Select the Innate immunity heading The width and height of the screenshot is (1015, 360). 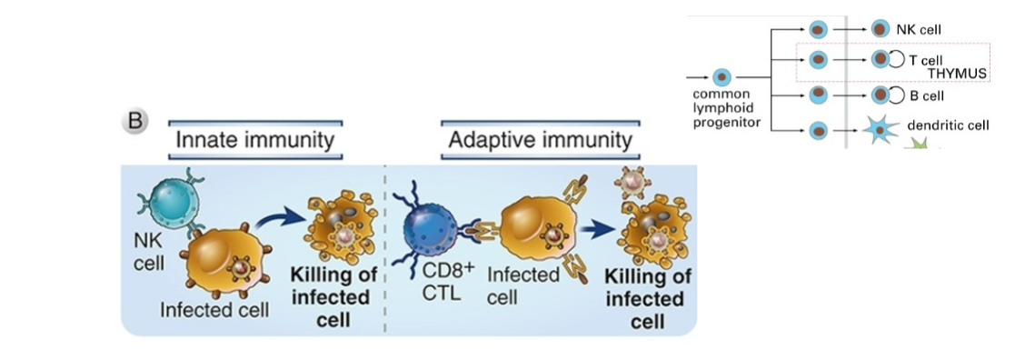coord(255,140)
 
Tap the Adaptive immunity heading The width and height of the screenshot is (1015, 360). coord(540,140)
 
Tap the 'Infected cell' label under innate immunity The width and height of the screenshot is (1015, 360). coord(214,310)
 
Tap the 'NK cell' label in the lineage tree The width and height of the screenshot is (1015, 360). coord(917,29)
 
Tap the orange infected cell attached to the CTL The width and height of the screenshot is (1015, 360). coord(538,233)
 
